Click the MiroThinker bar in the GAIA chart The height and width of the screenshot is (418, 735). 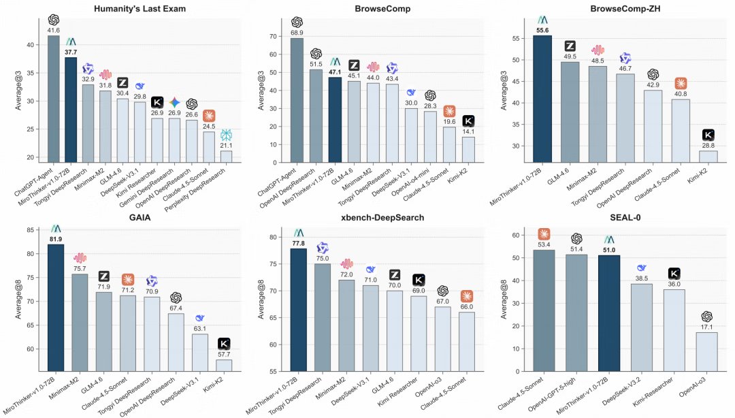pyautogui.click(x=56, y=307)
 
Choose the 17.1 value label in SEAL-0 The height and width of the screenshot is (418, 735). pyautogui.click(x=706, y=327)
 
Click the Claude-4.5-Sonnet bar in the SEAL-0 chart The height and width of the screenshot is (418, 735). pyautogui.click(x=544, y=310)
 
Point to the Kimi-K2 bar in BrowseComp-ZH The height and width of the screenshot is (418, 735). pyautogui.click(x=708, y=157)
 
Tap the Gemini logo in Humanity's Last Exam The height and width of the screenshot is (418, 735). pyautogui.click(x=175, y=103)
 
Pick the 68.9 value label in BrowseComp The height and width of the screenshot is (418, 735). pyautogui.click(x=297, y=33)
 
